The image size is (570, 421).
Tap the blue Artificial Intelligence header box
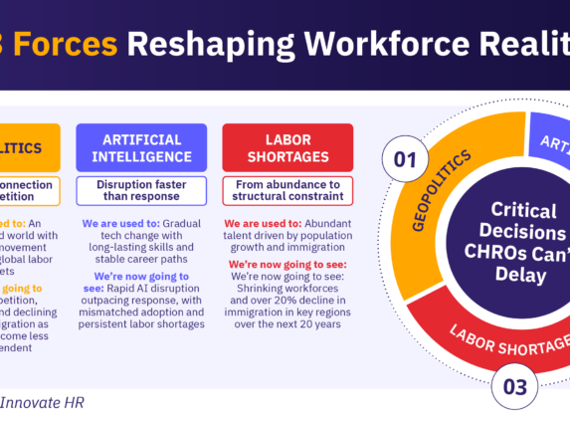pyautogui.click(x=141, y=148)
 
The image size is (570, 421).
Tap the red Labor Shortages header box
pyautogui.click(x=286, y=148)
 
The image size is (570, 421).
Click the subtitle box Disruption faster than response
pyautogui.click(x=141, y=190)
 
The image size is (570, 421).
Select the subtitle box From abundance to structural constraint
pyautogui.click(x=286, y=190)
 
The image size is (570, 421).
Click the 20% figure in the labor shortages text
pyautogui.click(x=294, y=298)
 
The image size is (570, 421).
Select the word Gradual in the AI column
pyautogui.click(x=185, y=223)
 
